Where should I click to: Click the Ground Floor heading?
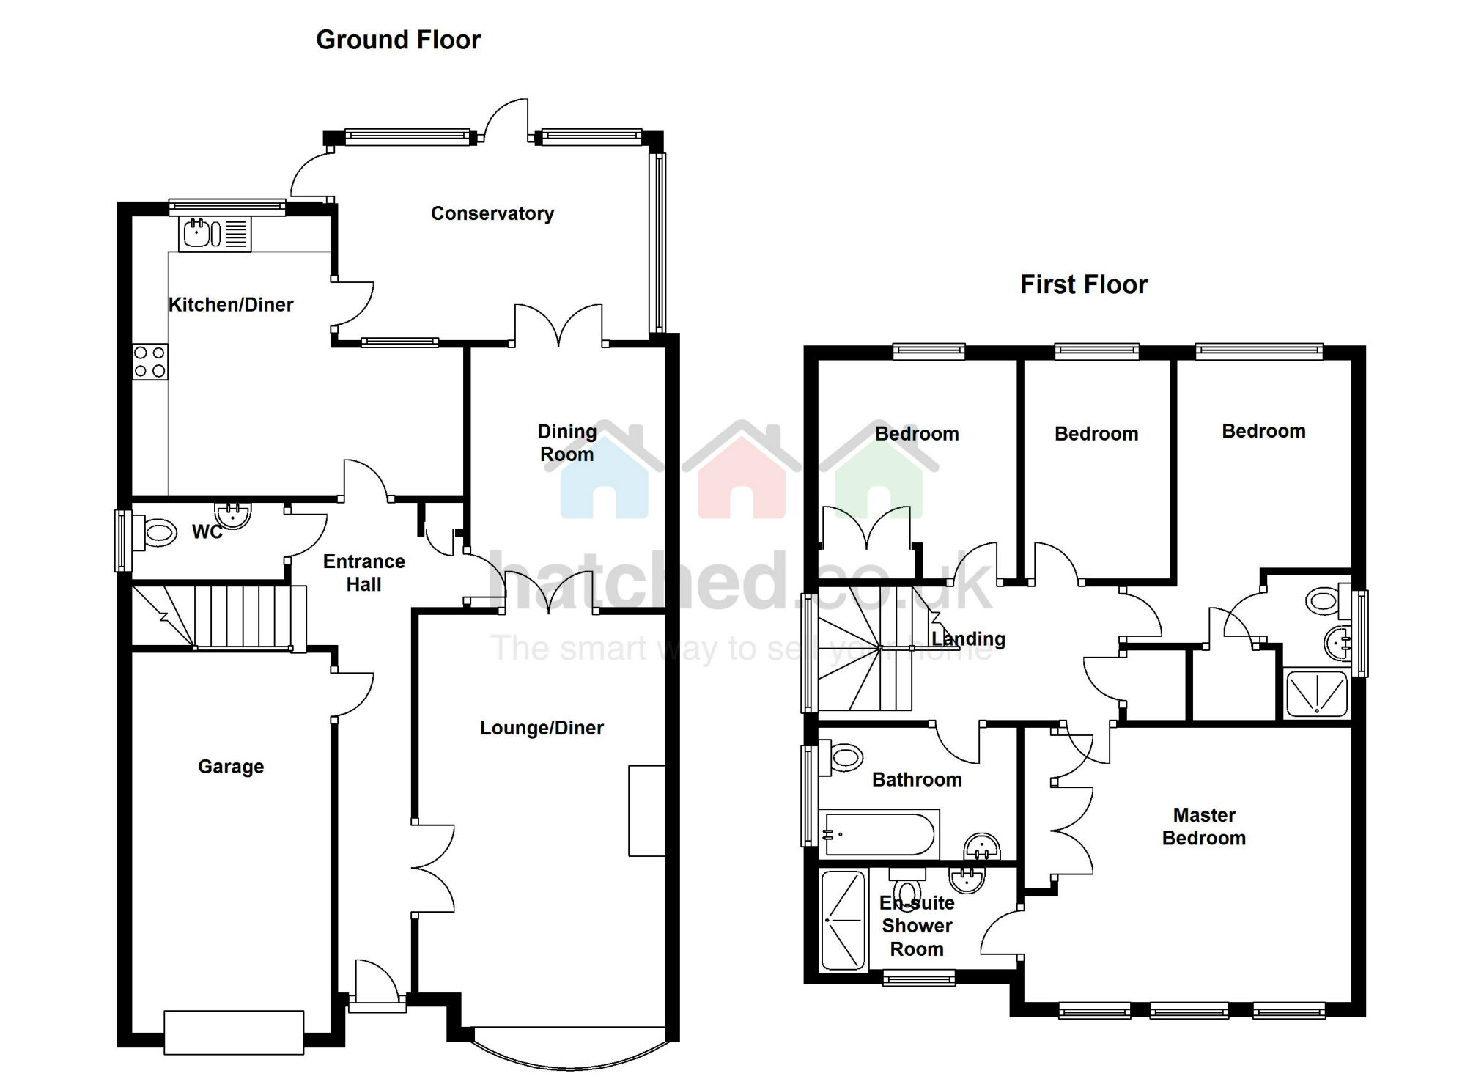point(398,40)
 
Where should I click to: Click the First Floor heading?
point(1084,284)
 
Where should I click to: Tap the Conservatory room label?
point(492,213)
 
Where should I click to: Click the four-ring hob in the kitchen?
point(149,362)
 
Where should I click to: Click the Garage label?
point(231,767)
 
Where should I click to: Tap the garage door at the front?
point(234,1033)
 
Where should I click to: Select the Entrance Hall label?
point(364,572)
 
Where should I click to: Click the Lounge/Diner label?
point(542,728)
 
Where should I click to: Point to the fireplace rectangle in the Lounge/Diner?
point(646,811)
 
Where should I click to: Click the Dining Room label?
point(567,443)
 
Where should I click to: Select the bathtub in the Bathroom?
point(879,833)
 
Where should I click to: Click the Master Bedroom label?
point(1204,826)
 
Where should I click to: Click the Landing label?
point(968,639)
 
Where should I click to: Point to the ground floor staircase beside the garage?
point(218,616)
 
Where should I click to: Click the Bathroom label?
point(917,779)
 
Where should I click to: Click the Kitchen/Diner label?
point(231,305)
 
